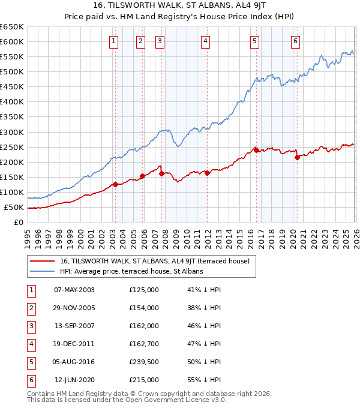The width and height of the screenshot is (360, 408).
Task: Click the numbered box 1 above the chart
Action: tap(114, 41)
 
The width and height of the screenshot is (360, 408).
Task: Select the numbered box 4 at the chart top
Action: tap(205, 41)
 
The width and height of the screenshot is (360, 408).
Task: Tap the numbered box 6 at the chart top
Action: tap(296, 41)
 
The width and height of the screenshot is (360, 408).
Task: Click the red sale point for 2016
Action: tap(256, 150)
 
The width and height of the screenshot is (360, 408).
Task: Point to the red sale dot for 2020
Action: tap(297, 158)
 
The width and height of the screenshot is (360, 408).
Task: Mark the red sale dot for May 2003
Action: tap(115, 185)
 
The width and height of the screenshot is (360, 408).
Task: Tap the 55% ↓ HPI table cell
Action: tap(204, 379)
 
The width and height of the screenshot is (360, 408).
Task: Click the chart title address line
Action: tap(180, 5)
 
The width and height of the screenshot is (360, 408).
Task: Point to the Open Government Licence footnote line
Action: tap(127, 400)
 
